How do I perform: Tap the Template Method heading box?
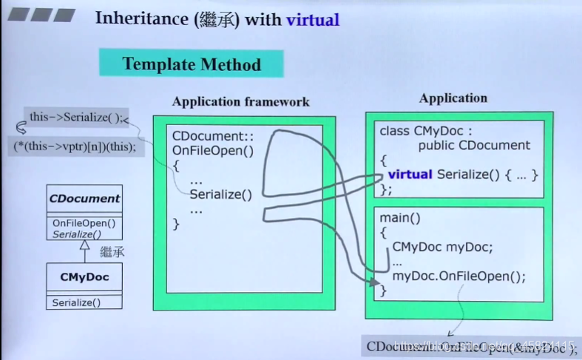tap(192, 64)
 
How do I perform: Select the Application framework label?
tap(240, 102)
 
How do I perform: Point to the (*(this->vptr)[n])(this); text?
tap(75, 146)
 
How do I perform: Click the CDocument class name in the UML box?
tap(84, 198)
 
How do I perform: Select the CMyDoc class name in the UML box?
tap(84, 277)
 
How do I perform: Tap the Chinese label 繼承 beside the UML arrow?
tap(112, 252)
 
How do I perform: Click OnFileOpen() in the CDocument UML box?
tap(84, 223)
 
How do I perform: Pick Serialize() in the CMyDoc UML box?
tap(76, 302)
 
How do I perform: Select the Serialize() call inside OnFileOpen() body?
tap(220, 194)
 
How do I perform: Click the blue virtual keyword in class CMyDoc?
tap(410, 174)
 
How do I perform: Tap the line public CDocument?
tap(474, 145)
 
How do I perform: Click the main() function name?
tap(399, 218)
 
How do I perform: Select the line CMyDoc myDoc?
tap(442, 246)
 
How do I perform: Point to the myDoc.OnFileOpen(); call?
tap(459, 276)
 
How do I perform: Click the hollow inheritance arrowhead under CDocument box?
tap(84, 245)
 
